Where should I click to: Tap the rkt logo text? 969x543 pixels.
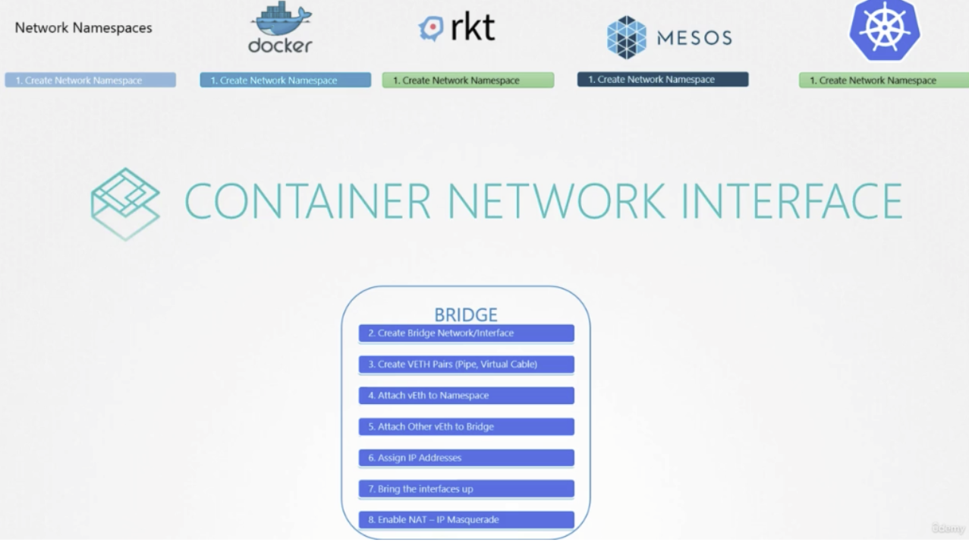point(472,28)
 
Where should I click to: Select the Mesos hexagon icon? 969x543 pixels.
point(626,37)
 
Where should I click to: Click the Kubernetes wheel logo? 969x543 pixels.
point(884,29)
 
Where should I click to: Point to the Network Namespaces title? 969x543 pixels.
point(83,28)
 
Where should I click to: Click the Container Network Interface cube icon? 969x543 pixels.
point(125,203)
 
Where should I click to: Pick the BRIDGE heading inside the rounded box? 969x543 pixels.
point(466,314)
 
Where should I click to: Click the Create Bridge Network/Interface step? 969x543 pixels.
point(466,333)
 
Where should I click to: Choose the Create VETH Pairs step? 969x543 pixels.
point(466,365)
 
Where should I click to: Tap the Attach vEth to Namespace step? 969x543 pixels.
point(466,396)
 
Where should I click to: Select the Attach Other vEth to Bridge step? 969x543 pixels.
point(466,427)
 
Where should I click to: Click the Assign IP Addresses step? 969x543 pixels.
point(466,458)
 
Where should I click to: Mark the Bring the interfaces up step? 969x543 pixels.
point(466,489)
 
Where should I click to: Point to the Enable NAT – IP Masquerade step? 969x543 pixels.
point(466,520)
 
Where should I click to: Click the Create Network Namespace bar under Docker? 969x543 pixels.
point(285,81)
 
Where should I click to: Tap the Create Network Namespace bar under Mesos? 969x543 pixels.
point(662,80)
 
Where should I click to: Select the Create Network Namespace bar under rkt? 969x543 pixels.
point(467,81)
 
